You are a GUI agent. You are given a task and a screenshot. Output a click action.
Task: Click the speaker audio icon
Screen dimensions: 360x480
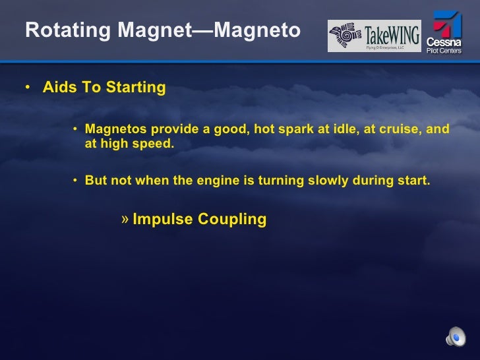pyautogui.click(x=455, y=337)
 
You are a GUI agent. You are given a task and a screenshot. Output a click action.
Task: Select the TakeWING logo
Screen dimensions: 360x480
pyautogui.click(x=375, y=36)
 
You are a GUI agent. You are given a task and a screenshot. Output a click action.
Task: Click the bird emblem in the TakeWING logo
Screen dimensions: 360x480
pyautogui.click(x=345, y=36)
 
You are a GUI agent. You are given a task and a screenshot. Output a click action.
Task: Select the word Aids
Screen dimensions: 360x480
pyautogui.click(x=59, y=88)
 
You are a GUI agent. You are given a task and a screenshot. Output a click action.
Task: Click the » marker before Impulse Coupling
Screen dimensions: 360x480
pyautogui.click(x=125, y=219)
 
